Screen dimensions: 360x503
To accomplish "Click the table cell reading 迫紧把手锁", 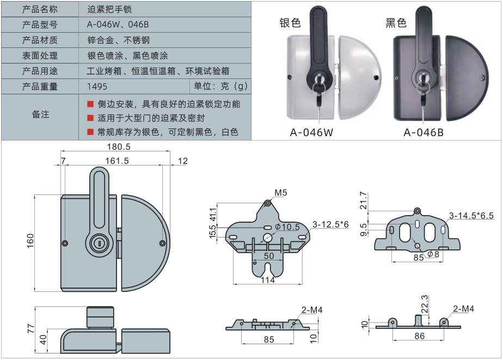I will [x=109, y=10].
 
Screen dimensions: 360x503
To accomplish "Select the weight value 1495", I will [x=97, y=86].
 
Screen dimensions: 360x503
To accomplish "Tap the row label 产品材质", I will [x=40, y=40].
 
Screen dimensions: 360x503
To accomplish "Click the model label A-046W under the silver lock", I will [x=311, y=132].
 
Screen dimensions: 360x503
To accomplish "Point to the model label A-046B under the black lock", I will [x=424, y=132].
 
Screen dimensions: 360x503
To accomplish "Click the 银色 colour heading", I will [x=290, y=23].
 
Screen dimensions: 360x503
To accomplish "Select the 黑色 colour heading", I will [x=396, y=23].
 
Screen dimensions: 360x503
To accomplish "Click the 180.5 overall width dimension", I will [x=118, y=147].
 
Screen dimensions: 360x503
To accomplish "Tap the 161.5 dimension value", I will [x=116, y=161].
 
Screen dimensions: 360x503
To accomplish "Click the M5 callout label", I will [x=281, y=193].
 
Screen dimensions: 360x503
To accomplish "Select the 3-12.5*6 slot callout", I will [x=330, y=224].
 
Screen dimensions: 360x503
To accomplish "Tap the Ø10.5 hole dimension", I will [x=287, y=227].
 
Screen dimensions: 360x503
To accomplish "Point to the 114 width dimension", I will [x=267, y=280].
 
